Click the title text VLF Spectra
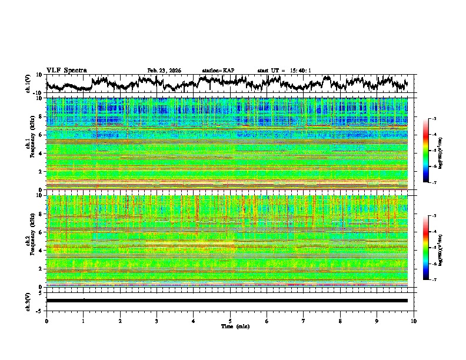[66, 70]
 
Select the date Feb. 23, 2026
[164, 71]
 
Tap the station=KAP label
[218, 71]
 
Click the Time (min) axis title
[235, 326]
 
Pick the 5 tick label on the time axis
[230, 321]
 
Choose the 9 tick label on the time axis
[377, 321]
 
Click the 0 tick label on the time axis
[46, 321]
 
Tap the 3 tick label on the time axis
[157, 321]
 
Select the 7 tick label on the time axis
[304, 321]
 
